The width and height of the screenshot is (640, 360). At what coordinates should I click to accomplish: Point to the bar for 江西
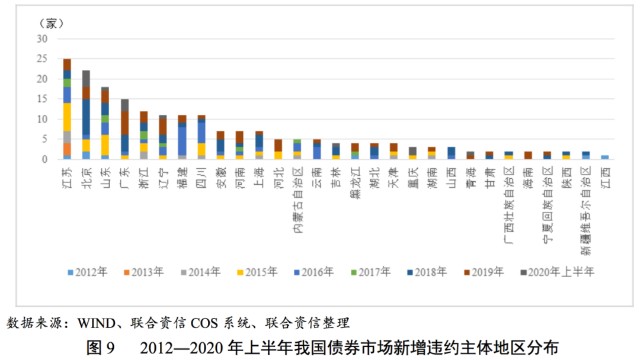(x=604, y=157)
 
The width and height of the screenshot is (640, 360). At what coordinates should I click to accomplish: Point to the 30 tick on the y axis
(x=42, y=38)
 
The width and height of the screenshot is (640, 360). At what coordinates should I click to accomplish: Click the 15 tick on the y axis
(x=42, y=99)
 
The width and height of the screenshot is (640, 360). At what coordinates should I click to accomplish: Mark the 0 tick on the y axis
(x=45, y=159)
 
